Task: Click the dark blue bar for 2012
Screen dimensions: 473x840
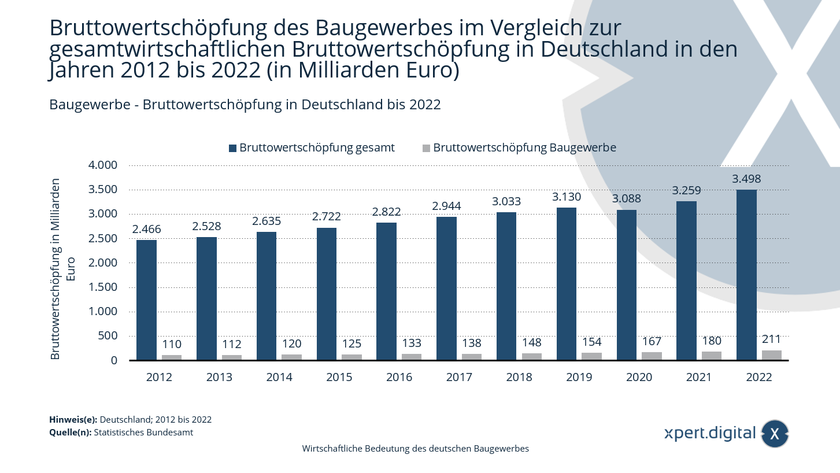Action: point(146,300)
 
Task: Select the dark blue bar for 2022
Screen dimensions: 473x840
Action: point(746,275)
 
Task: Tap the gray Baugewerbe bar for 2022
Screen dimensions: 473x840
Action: point(771,355)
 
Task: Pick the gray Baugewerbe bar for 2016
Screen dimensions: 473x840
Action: point(412,357)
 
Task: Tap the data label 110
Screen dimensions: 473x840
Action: point(171,345)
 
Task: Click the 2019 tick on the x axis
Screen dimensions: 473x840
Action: point(579,378)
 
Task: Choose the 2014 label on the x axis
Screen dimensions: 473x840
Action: point(279,378)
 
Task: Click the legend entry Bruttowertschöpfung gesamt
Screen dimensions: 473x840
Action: point(317,147)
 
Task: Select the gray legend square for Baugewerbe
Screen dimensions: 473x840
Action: point(426,148)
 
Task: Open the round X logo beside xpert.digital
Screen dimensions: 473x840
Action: point(775,434)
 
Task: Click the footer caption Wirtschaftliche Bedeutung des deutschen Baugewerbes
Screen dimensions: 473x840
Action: point(415,449)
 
